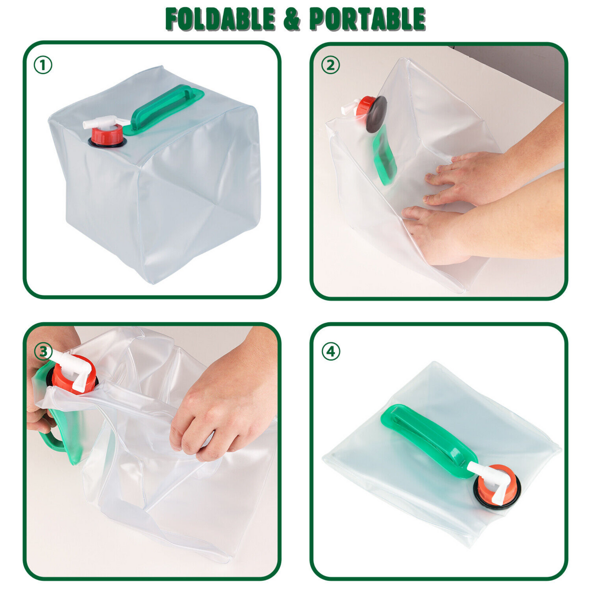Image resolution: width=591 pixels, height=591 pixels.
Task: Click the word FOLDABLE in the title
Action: pyautogui.click(x=220, y=19)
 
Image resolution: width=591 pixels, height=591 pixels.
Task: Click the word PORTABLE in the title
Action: pyautogui.click(x=367, y=19)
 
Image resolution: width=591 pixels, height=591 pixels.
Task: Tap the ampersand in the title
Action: pyautogui.click(x=292, y=19)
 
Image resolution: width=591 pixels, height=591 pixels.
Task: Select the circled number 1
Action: pyautogui.click(x=43, y=65)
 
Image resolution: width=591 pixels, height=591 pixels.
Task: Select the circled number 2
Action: pyautogui.click(x=330, y=65)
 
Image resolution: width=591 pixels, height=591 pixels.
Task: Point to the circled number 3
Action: pyautogui.click(x=43, y=351)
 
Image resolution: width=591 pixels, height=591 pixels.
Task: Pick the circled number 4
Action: pyautogui.click(x=330, y=351)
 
